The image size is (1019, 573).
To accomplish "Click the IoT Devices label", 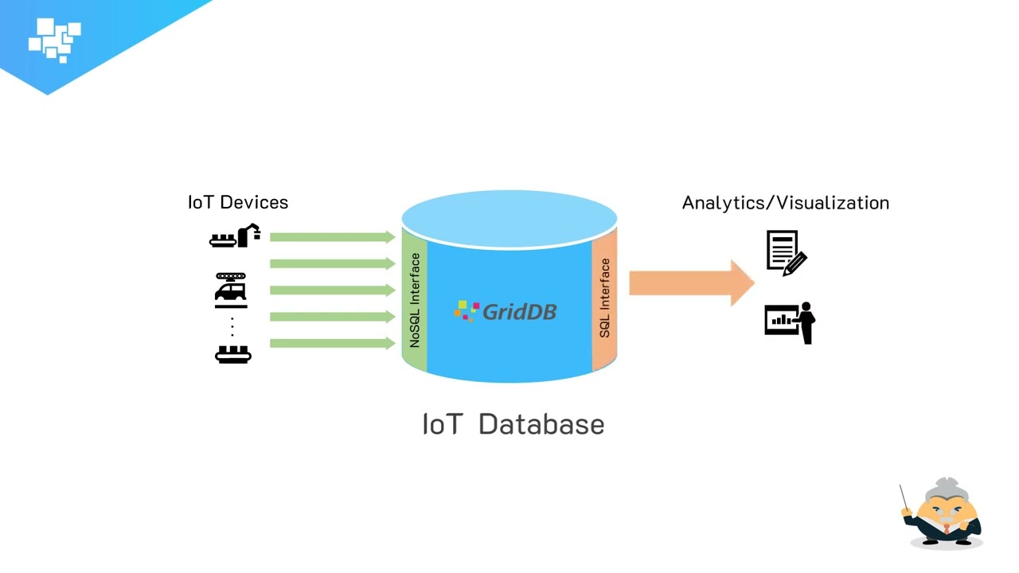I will pos(238,202).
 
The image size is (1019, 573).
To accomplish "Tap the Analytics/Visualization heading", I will pos(785,203).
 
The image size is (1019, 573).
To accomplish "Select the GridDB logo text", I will pos(518,311).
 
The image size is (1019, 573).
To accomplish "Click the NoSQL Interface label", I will pos(415,300).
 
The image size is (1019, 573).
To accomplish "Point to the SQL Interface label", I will pos(605,298).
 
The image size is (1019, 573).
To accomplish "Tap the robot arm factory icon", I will pos(235,236).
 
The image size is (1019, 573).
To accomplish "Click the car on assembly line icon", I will pos(231,290).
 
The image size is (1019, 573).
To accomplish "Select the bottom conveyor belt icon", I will pos(233,353).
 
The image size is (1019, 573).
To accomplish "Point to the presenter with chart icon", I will pos(790,322).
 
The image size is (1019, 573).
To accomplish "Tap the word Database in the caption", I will pos(541,424).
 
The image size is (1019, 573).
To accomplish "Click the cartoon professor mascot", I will pos(944,514).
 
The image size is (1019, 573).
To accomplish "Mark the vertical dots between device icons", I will pos(232,326).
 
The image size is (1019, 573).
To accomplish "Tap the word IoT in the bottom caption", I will pos(441,424).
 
